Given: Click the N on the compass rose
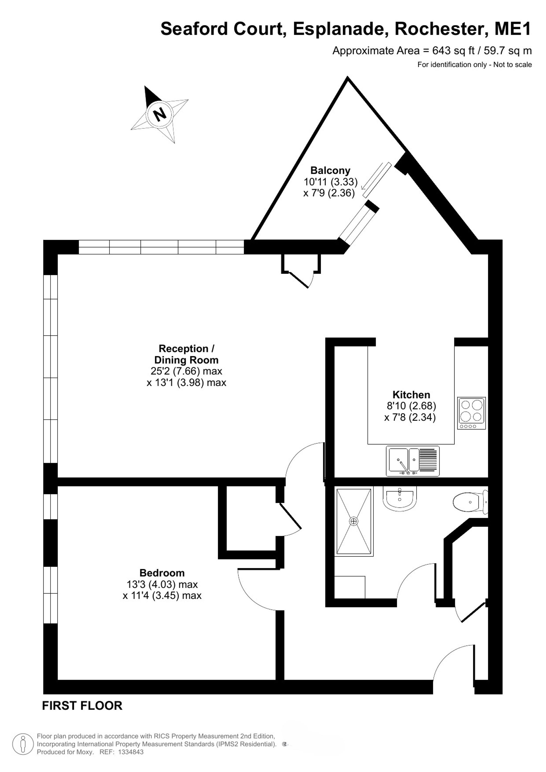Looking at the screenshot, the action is pyautogui.click(x=160, y=114).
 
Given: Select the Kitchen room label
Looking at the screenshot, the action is pyautogui.click(x=411, y=394).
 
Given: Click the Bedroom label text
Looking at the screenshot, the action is pyautogui.click(x=162, y=573).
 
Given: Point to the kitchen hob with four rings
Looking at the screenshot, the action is pyautogui.click(x=471, y=413).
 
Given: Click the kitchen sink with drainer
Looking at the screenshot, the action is pyautogui.click(x=413, y=461).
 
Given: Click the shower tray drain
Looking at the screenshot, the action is pyautogui.click(x=354, y=521).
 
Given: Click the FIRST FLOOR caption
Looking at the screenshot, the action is pyautogui.click(x=82, y=705).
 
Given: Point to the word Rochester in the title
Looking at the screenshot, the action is pyautogui.click(x=441, y=29).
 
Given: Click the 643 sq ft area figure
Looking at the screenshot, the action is pyautogui.click(x=453, y=51).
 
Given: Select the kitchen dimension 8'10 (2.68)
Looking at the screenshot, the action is pyautogui.click(x=411, y=406).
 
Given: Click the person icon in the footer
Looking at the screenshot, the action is pyautogui.click(x=23, y=744).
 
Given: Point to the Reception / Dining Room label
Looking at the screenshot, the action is pyautogui.click(x=186, y=354).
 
